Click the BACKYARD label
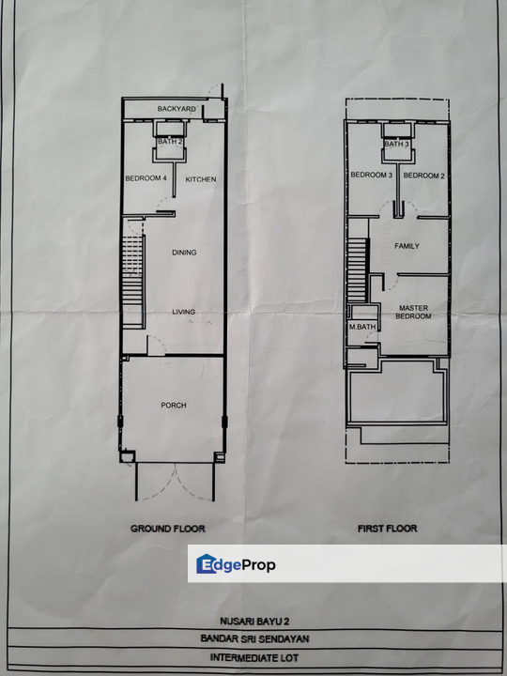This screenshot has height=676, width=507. click(x=177, y=110)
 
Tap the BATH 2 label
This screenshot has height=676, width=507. click(x=170, y=142)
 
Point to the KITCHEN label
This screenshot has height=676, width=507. click(x=201, y=178)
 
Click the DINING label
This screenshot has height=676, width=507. click(x=184, y=252)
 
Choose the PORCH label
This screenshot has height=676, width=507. click(x=174, y=406)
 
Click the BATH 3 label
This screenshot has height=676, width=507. click(x=395, y=145)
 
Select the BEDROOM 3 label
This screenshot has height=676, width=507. click(x=371, y=176)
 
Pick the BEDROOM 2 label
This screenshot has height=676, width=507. click(x=423, y=176)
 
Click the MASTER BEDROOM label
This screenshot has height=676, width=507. click(x=414, y=312)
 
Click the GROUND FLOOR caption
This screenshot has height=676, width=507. click(x=167, y=529)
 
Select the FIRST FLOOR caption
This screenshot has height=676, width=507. click(x=388, y=529)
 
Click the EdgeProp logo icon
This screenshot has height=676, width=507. click(x=207, y=563)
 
